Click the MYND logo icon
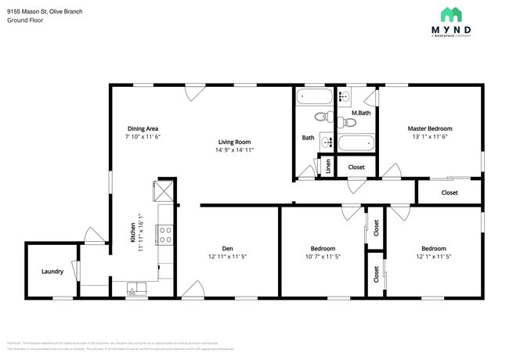coord(450,14)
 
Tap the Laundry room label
coord(52,272)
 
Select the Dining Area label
coord(143,128)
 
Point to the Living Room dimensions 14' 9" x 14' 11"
coord(234,151)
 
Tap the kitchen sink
coord(135,289)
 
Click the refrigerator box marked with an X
coord(164,190)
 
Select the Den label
coord(227,249)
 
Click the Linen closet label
coord(327,167)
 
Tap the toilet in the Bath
coord(321,117)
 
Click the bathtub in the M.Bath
coord(359,144)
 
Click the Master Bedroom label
coord(429,128)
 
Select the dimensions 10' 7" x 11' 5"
coord(323,257)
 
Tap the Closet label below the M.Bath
coord(356,167)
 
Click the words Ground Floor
coord(25,20)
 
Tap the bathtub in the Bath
coord(315,97)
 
